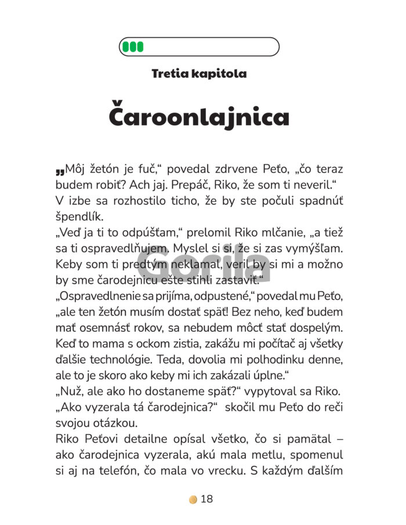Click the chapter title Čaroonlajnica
(199, 117)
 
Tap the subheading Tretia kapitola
(199, 74)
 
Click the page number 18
(207, 499)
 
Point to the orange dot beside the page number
(193, 499)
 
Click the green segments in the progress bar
(133, 46)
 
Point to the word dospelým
(314, 328)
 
